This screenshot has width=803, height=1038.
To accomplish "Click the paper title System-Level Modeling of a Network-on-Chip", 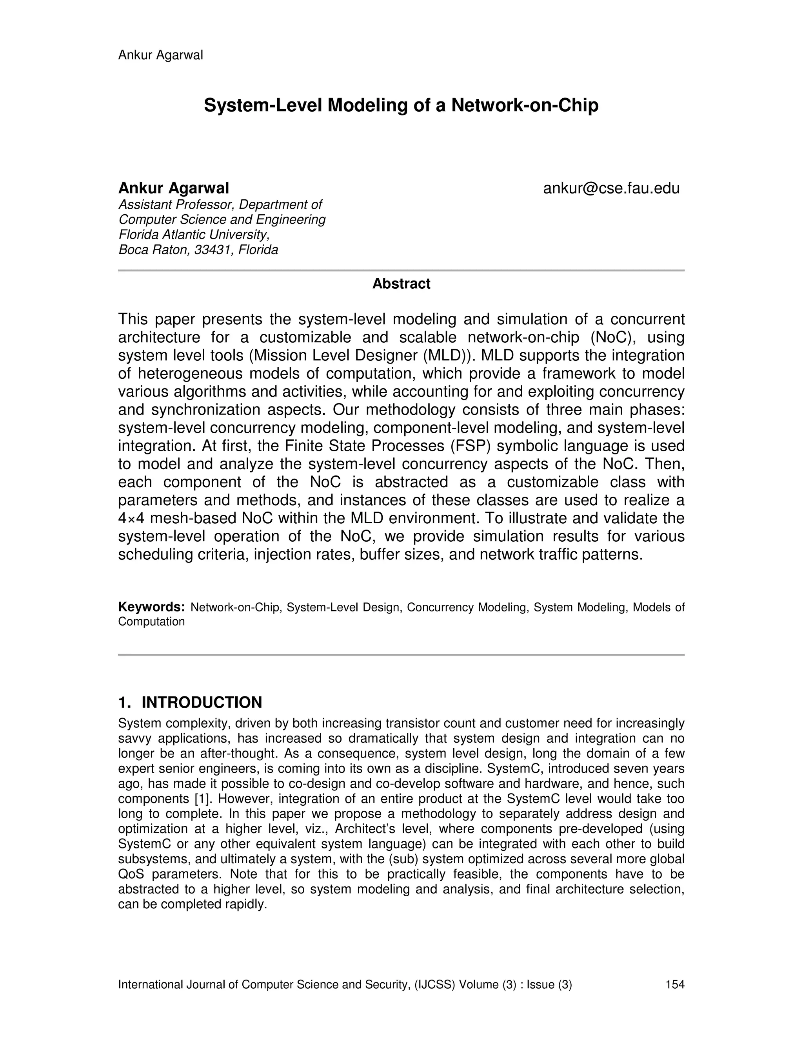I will (401, 105).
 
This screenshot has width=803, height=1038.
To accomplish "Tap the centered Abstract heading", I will (401, 284).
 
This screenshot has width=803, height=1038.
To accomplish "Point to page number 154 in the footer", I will (674, 984).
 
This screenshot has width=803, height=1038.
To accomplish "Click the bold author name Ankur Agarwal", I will (174, 188).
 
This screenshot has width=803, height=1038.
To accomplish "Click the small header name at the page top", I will (160, 55).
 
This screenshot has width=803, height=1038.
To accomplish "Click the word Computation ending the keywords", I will (151, 622).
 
